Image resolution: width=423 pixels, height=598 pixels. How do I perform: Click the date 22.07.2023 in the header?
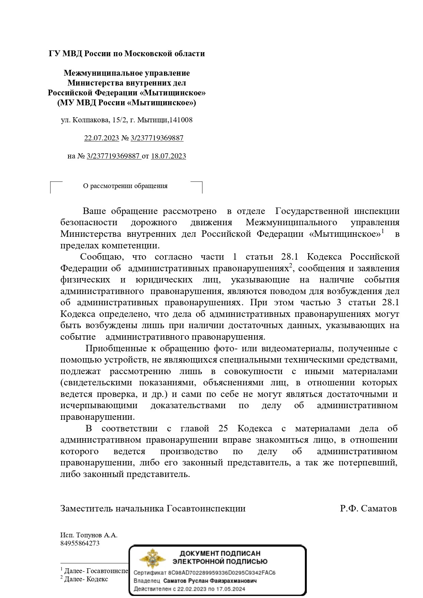(102, 138)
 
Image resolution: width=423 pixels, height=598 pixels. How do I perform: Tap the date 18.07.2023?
(168, 156)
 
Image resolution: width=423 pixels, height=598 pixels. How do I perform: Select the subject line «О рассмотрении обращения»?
(125, 186)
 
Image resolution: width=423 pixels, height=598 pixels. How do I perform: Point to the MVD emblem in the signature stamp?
(152, 559)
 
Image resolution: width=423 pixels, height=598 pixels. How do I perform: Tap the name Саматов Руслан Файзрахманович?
(210, 581)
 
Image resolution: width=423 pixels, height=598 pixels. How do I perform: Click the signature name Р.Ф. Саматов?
(368, 509)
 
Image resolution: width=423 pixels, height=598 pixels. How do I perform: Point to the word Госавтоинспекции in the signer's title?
(206, 509)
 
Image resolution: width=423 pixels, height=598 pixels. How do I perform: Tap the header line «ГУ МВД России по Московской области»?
(127, 53)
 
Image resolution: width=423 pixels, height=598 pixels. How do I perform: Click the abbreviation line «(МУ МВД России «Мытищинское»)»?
(127, 103)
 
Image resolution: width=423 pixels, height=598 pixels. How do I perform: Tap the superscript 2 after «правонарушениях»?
(291, 266)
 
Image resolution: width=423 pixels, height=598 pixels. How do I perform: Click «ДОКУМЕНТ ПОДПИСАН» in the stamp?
(220, 553)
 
